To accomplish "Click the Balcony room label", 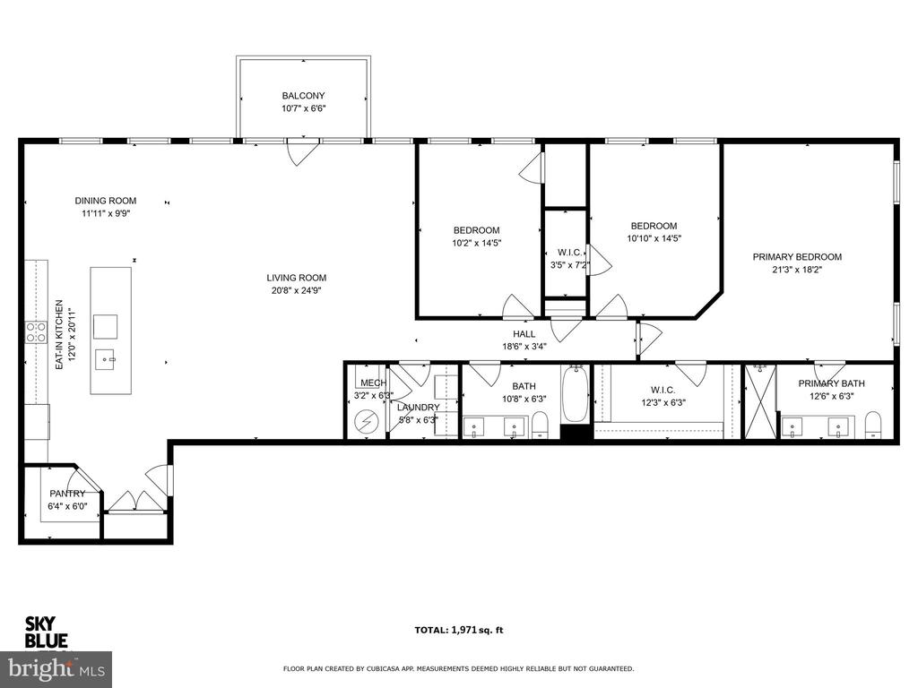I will [x=303, y=96].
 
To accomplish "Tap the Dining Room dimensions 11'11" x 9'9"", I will [x=105, y=214].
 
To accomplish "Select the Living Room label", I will [x=296, y=278].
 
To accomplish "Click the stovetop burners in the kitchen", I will [x=36, y=332].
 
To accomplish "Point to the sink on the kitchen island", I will [x=108, y=361].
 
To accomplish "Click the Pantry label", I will [x=67, y=494].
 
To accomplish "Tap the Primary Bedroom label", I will [x=796, y=257].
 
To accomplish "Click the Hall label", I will [x=524, y=334].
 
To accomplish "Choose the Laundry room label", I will [x=419, y=408].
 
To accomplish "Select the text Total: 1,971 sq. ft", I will [x=458, y=630].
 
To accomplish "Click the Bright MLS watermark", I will [x=56, y=668].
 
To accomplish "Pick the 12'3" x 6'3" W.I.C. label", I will [x=663, y=396].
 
